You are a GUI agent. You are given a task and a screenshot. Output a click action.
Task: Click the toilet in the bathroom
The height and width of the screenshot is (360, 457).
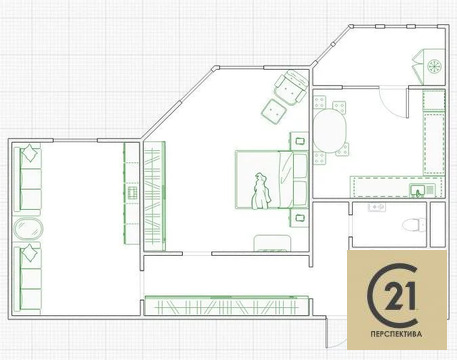414,225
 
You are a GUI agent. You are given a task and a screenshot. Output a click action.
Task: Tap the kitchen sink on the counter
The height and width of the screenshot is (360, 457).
418,190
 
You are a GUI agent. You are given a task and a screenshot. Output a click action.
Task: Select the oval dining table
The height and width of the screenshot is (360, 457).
330,131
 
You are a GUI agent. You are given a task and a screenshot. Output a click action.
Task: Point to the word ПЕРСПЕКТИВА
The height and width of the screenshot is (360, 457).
396,334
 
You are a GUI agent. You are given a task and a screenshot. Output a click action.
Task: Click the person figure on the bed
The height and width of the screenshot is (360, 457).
261,191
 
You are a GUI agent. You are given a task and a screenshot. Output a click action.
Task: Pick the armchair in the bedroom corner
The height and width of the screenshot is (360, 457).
291,87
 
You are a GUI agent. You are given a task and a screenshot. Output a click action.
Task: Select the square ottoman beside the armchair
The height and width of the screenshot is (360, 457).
274,112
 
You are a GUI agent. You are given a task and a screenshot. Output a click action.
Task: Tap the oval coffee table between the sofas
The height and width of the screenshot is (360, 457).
28,229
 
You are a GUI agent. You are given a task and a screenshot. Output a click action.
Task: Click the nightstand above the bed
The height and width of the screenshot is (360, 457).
299,141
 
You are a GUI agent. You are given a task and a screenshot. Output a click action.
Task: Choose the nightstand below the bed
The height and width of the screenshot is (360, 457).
299,218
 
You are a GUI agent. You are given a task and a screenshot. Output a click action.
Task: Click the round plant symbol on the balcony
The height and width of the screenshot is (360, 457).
434,66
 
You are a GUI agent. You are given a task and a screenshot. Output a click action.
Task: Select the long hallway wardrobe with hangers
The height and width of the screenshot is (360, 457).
227,305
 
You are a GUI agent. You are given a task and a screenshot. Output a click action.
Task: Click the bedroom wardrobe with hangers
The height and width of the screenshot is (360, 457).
155,196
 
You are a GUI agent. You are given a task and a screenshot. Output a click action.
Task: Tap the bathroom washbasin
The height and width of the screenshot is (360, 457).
377,207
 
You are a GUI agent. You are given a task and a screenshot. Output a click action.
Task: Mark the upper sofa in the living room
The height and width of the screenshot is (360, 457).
28,179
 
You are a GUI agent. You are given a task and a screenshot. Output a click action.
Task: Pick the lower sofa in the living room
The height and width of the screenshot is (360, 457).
28,279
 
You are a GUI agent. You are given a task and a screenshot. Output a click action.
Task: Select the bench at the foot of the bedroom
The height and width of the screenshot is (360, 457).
272,243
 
